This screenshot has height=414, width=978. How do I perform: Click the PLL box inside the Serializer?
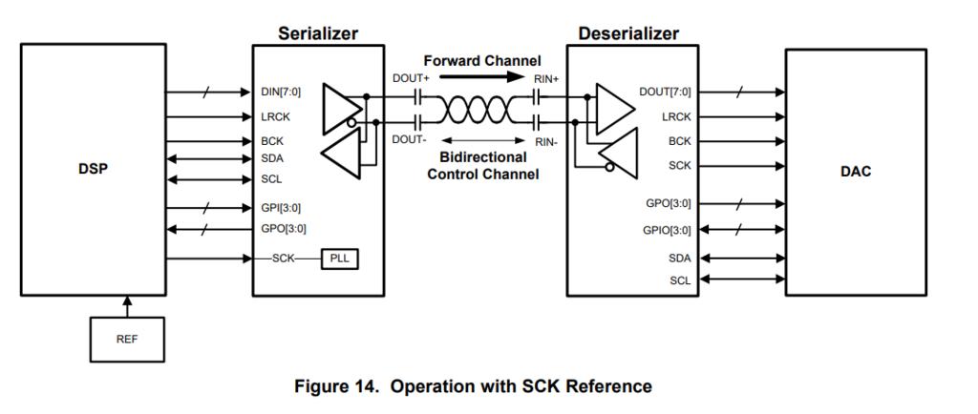coord(340,259)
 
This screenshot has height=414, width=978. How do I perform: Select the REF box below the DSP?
coord(126,339)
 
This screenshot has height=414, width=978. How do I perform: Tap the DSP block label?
coord(94,170)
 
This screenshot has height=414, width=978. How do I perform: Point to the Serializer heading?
coord(318,33)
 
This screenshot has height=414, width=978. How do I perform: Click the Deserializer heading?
coord(628,33)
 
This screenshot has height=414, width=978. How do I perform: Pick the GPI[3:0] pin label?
coord(283,207)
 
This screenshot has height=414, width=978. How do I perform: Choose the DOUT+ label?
coord(411,77)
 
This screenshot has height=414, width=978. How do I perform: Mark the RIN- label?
coord(546,141)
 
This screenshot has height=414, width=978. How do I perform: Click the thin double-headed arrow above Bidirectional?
coord(478,140)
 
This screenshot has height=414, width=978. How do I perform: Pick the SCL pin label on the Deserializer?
coord(679,280)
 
